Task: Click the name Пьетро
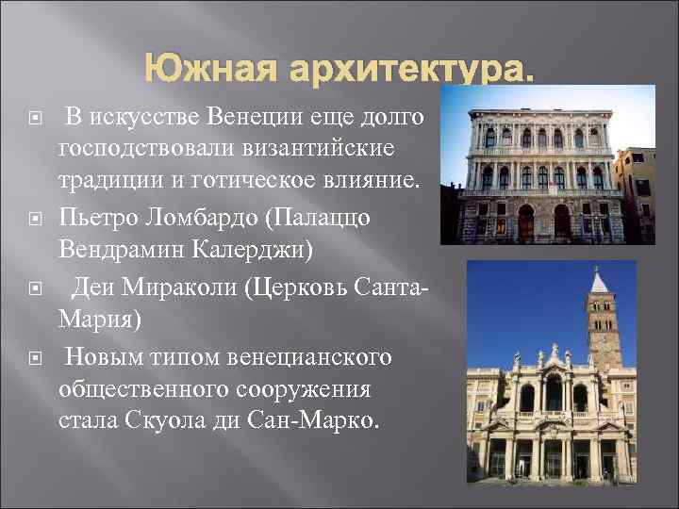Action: click(95, 218)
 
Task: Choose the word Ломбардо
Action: click(195, 218)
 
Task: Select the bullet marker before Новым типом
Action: click(37, 358)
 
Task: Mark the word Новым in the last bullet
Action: click(100, 357)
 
